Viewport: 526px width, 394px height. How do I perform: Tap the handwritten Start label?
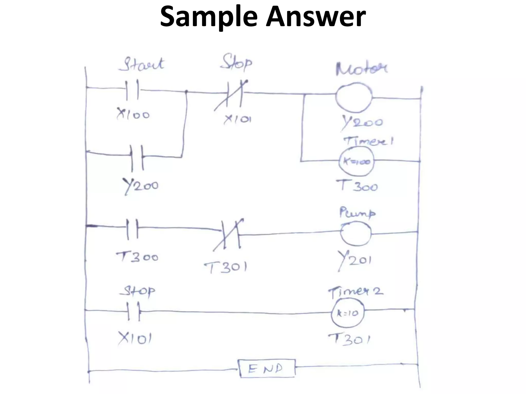[141, 64]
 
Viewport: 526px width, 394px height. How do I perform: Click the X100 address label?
[133, 114]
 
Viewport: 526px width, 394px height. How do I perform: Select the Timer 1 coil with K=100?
[356, 162]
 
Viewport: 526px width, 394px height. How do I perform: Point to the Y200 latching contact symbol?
[137, 158]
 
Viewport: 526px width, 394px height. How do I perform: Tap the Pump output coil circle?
[356, 233]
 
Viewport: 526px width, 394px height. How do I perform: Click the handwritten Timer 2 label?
[355, 292]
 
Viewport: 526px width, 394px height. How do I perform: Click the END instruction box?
[267, 369]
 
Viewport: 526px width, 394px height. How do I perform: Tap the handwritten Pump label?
[357, 213]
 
